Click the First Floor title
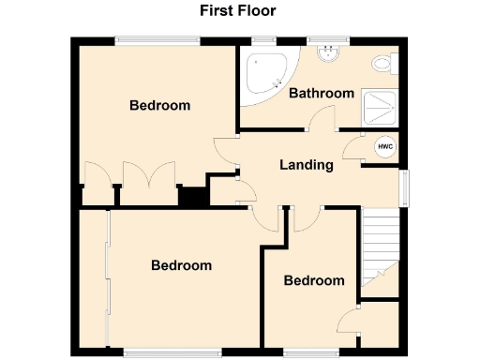[237, 11]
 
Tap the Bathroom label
[321, 93]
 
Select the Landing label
[307, 165]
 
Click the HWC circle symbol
[384, 147]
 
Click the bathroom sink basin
[328, 54]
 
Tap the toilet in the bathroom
[382, 65]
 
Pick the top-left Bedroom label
[159, 105]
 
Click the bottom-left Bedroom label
[181, 265]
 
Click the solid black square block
[193, 198]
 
